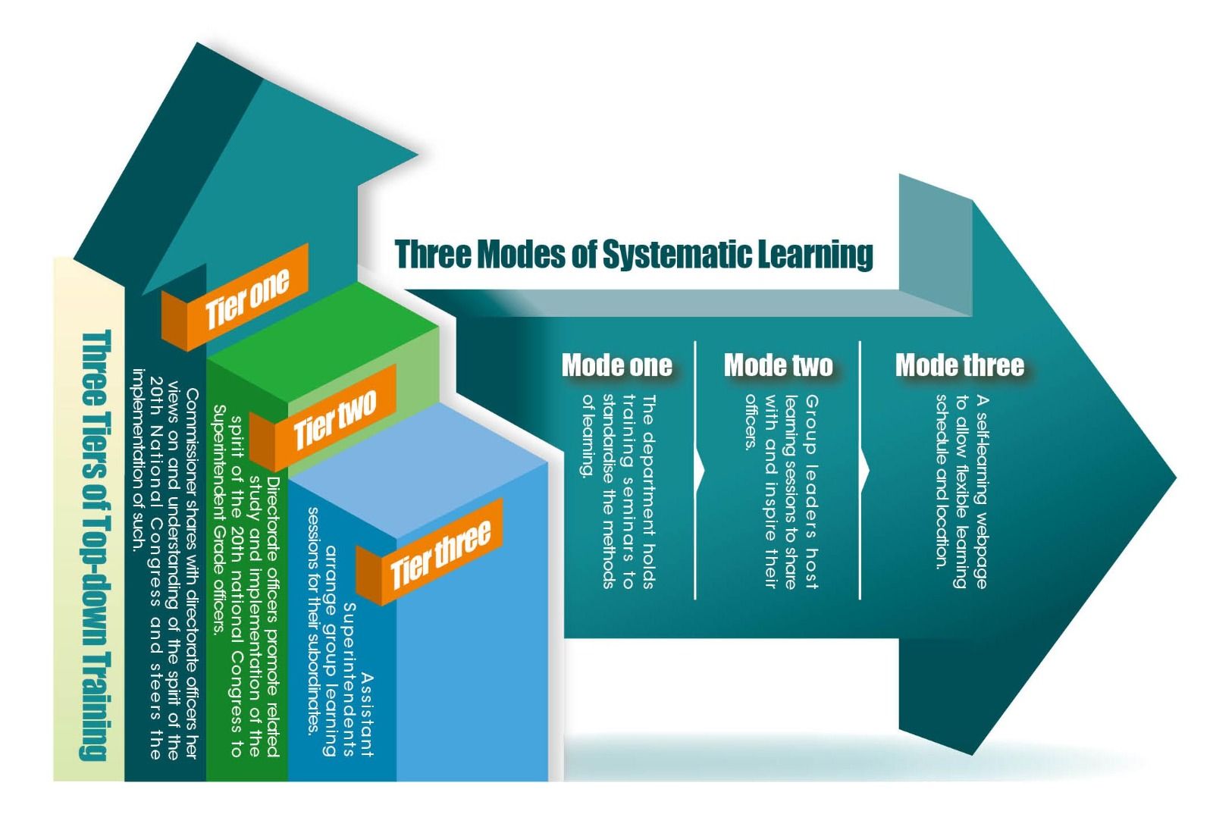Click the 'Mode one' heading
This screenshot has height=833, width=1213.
616,365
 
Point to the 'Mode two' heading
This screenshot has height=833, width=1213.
778,365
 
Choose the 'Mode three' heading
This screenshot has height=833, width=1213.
959,365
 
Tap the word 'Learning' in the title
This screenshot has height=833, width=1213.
816,254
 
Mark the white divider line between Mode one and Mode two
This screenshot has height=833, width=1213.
695,470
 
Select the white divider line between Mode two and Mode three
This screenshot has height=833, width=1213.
860,470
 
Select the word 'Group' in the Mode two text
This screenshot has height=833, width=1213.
811,418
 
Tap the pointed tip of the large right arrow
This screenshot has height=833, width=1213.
1174,478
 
